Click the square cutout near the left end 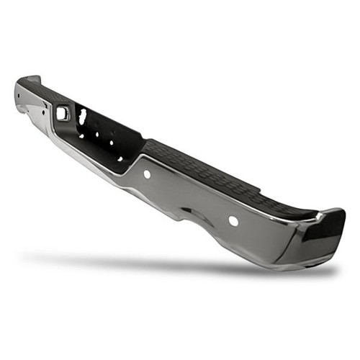tap(62, 112)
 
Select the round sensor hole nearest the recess tap(147, 174)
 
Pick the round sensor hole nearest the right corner tap(233, 220)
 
